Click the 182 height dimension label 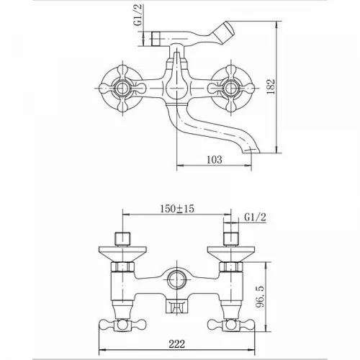pos(271,86)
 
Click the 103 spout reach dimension pos(215,160)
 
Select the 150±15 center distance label pos(177,209)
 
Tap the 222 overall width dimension pos(177,344)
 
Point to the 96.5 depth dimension pos(261,297)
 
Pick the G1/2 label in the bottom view pos(256,217)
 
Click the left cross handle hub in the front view pos(123,88)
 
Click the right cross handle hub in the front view pos(230,88)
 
